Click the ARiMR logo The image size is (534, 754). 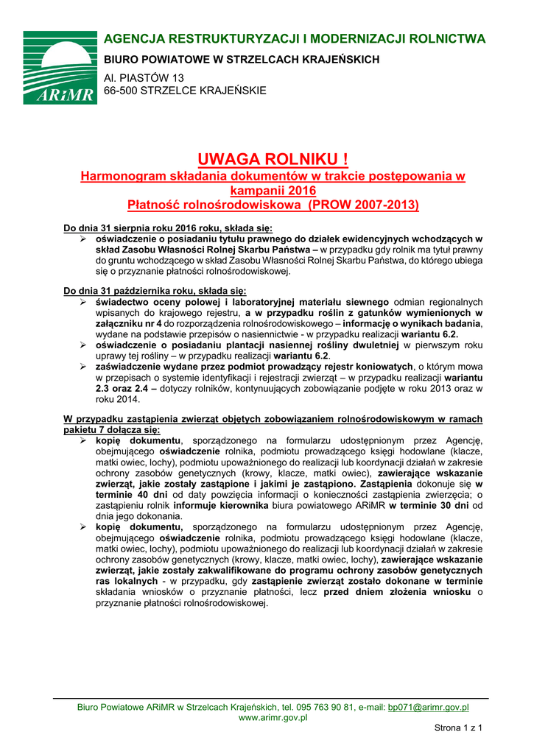tap(60, 67)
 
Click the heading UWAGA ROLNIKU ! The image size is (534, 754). tap(273, 159)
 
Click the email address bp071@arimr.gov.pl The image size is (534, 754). tap(428, 707)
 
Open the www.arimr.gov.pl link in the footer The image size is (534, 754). tap(273, 718)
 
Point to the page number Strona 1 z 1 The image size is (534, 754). tap(457, 728)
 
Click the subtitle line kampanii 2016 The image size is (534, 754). tap(273, 190)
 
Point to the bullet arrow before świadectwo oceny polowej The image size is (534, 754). tap(83, 302)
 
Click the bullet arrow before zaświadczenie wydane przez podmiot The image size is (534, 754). tap(83, 366)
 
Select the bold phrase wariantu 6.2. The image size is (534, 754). tap(429, 334)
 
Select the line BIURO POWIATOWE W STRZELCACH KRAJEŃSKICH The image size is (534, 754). tap(241, 59)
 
